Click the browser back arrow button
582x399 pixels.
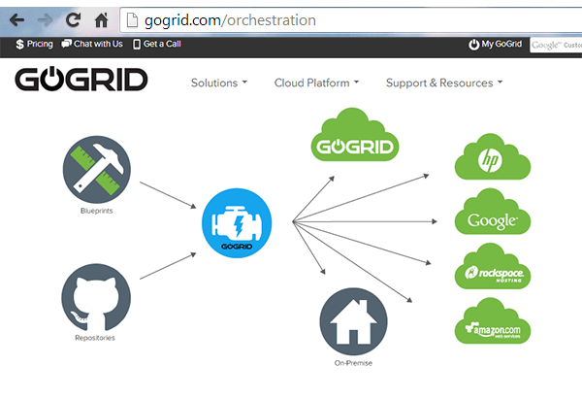point(17,18)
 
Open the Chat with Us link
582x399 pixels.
point(92,44)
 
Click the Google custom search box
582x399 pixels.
point(556,44)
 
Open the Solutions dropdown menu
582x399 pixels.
point(218,83)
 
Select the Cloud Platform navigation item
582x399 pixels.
point(316,83)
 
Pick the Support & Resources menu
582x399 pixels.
point(443,83)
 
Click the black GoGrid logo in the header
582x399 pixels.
point(81,80)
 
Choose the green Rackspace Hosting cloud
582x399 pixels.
point(492,272)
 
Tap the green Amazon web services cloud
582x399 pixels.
point(492,328)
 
